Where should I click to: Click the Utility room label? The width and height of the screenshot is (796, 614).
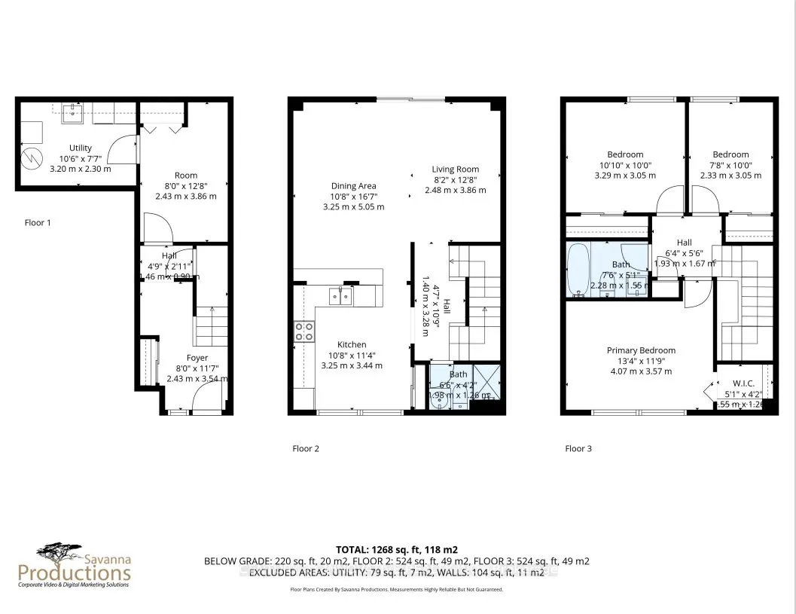(x=80, y=148)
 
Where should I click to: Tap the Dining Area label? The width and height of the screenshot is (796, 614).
(x=353, y=186)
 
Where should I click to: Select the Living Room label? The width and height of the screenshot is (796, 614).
(x=455, y=170)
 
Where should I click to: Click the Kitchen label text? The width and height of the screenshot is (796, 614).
(x=352, y=344)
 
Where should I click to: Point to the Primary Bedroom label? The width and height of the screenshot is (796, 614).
(x=641, y=350)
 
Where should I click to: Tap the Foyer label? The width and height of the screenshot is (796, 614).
(x=197, y=358)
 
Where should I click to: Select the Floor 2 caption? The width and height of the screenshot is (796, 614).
(x=306, y=448)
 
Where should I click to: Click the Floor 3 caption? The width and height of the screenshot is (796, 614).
(x=578, y=448)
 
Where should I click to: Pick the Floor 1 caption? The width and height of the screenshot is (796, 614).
(x=38, y=223)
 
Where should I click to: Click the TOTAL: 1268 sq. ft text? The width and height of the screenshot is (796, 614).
(x=397, y=549)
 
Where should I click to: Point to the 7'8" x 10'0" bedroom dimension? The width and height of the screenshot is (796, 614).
(x=730, y=165)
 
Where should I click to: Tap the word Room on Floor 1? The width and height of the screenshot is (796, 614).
(x=186, y=176)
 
